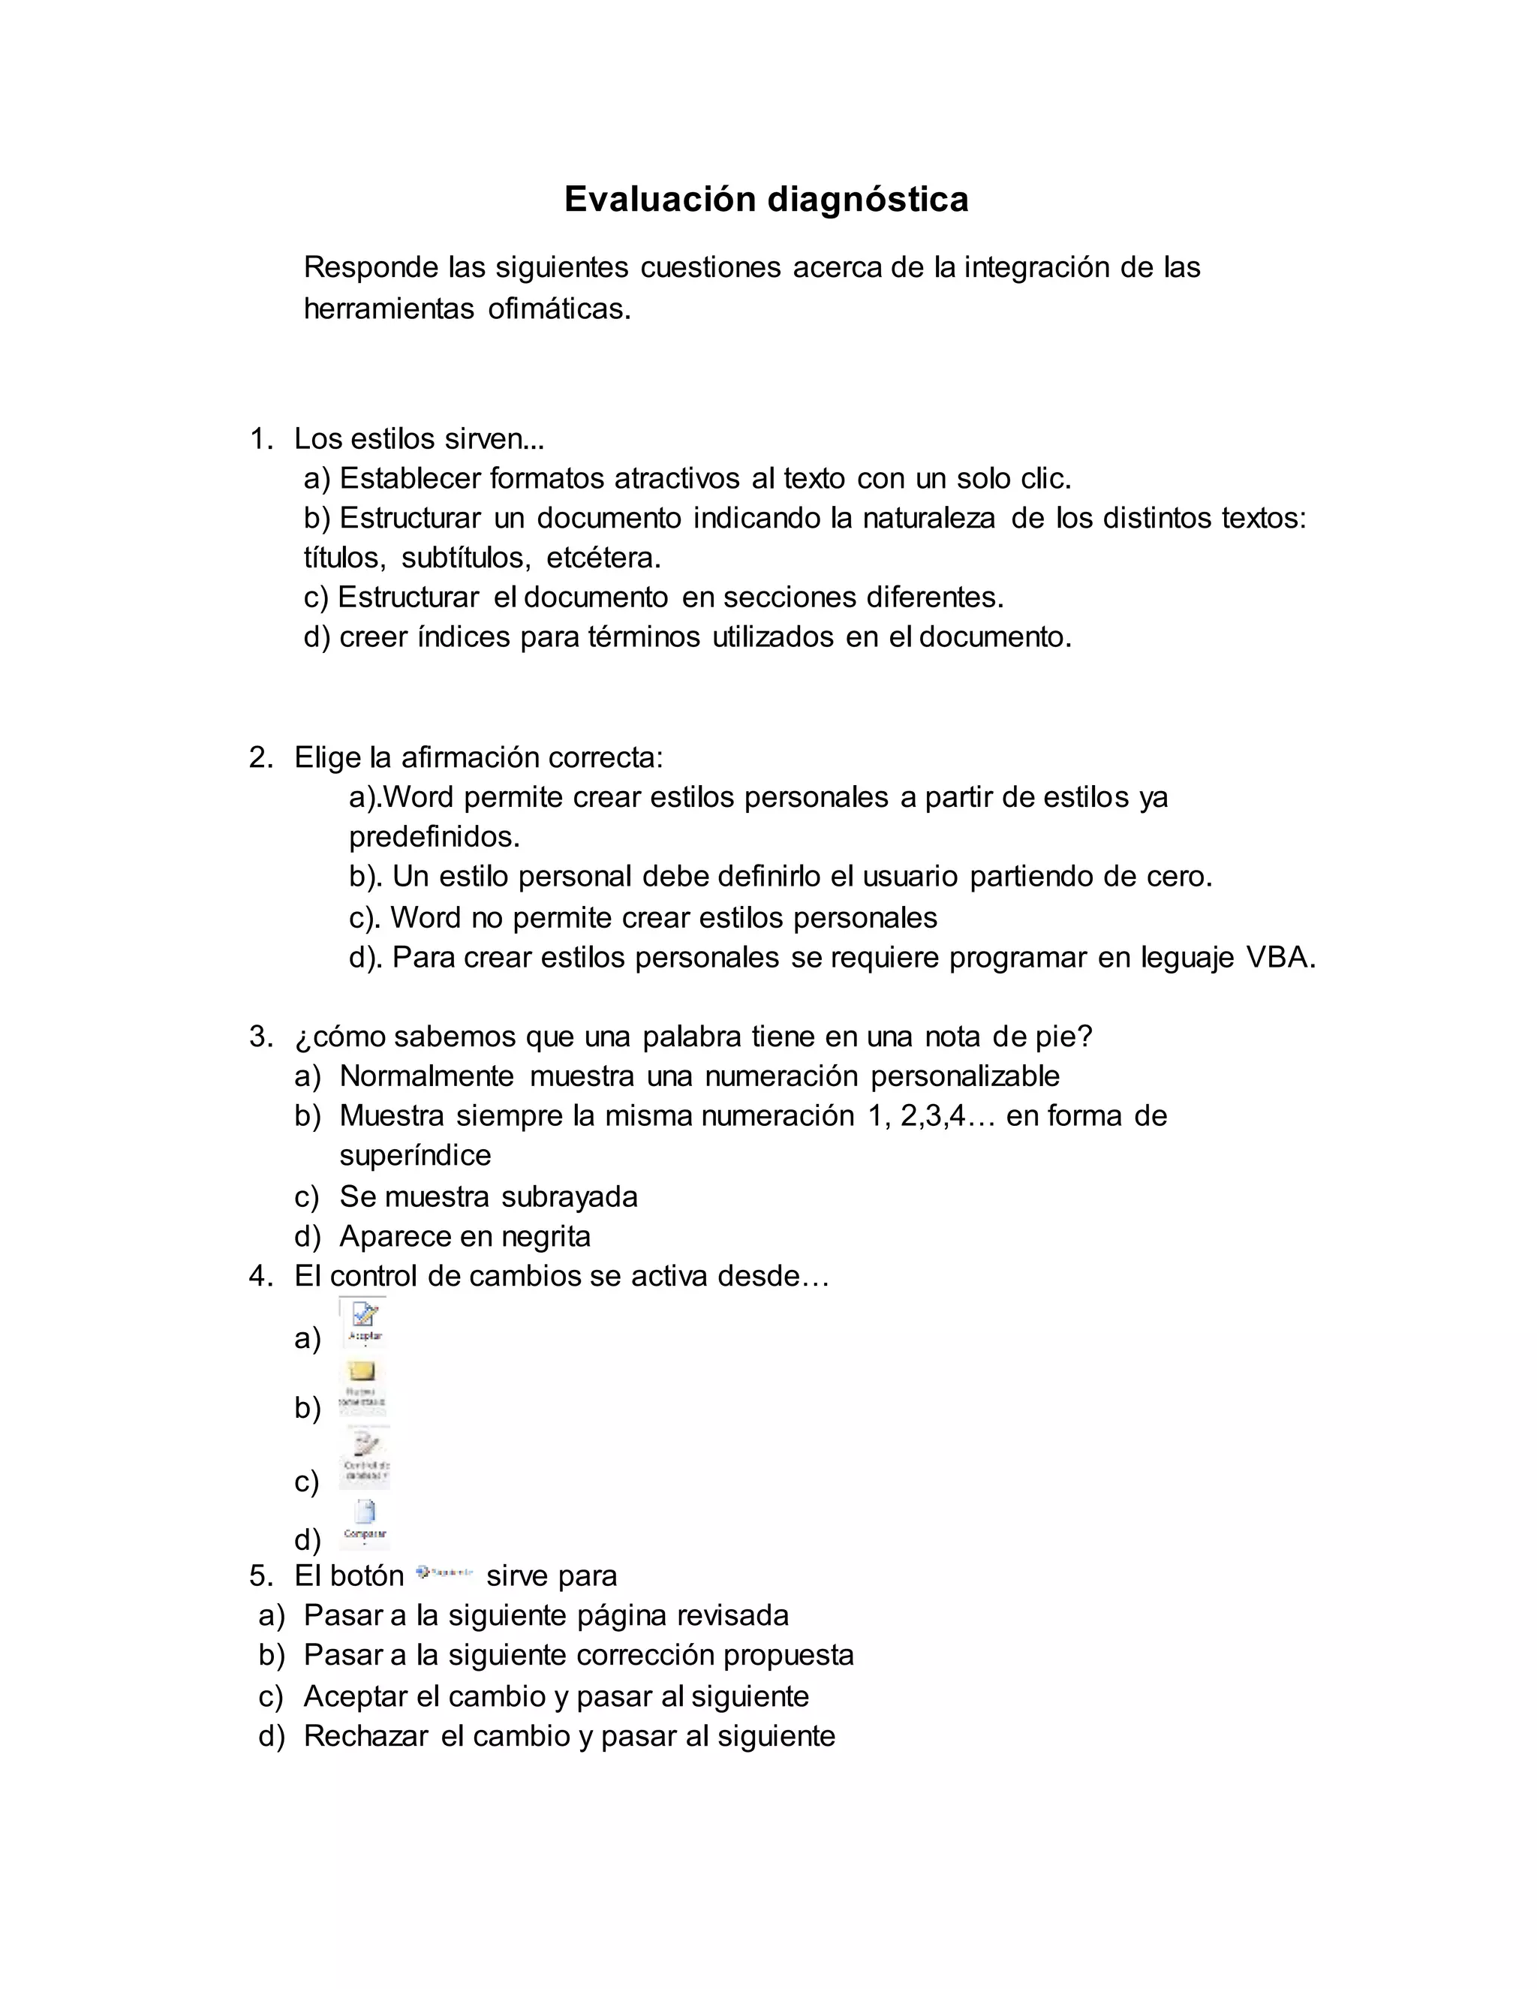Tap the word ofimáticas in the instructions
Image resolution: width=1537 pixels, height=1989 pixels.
[x=558, y=310]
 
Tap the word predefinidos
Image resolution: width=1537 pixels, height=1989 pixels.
[x=435, y=836]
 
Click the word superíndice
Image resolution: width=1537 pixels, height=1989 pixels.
[x=415, y=1156]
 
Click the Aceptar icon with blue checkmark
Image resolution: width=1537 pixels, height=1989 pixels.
[x=364, y=1322]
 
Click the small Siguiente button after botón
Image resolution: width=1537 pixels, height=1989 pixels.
[x=444, y=1572]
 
